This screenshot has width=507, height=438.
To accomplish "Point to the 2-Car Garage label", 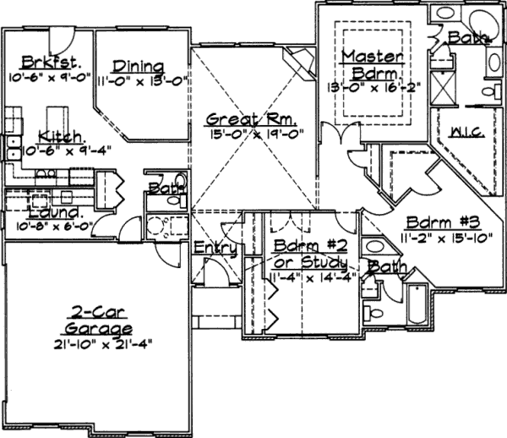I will (100, 322).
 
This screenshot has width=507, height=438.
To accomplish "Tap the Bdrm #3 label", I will (442, 222).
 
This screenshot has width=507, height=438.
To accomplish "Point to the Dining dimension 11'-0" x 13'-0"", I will (140, 81).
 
